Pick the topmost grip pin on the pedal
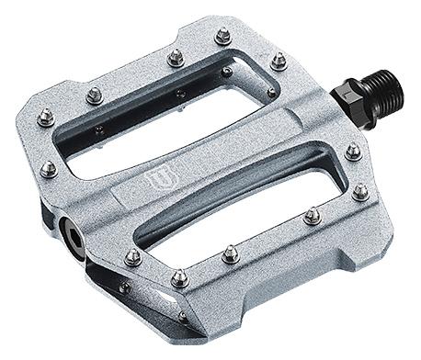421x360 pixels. click(x=222, y=36)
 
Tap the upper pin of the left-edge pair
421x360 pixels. click(x=45, y=116)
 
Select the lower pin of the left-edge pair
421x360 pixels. click(x=49, y=169)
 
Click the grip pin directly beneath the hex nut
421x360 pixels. click(x=353, y=152)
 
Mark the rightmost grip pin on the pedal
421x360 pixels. click(x=360, y=191)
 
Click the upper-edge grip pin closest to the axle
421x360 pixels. click(x=278, y=61)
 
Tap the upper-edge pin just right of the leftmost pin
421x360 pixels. click(x=93, y=94)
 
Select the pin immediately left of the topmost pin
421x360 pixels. click(x=173, y=58)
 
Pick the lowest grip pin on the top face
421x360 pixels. click(x=179, y=277)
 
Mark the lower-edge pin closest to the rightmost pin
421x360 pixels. click(x=313, y=216)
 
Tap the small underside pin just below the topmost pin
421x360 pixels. click(x=226, y=71)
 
